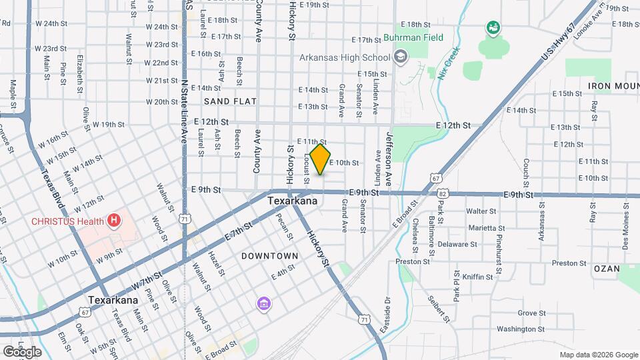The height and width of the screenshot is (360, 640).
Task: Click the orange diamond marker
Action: coord(321,160)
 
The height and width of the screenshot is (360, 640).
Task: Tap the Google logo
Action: coord(21,351)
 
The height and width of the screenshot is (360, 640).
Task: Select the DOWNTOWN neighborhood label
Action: coord(269,256)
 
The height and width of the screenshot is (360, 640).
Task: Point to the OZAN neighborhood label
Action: coord(606,268)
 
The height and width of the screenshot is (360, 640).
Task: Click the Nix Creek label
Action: coord(449,67)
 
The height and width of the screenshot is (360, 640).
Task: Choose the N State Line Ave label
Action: coord(183,113)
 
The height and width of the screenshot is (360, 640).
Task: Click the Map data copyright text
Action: coord(598,355)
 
